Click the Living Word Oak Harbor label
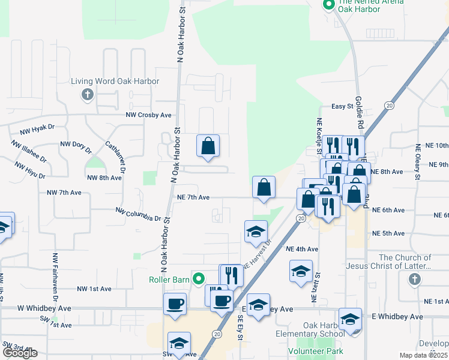115,81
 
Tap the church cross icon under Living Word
88,94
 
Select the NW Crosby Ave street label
148,115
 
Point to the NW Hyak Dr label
37,128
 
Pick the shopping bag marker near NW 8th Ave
208,145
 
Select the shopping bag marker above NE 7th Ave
264,187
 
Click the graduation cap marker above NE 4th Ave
256,232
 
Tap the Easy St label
343,106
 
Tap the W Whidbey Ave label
44,308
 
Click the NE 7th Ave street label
193,197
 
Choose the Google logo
20,353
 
